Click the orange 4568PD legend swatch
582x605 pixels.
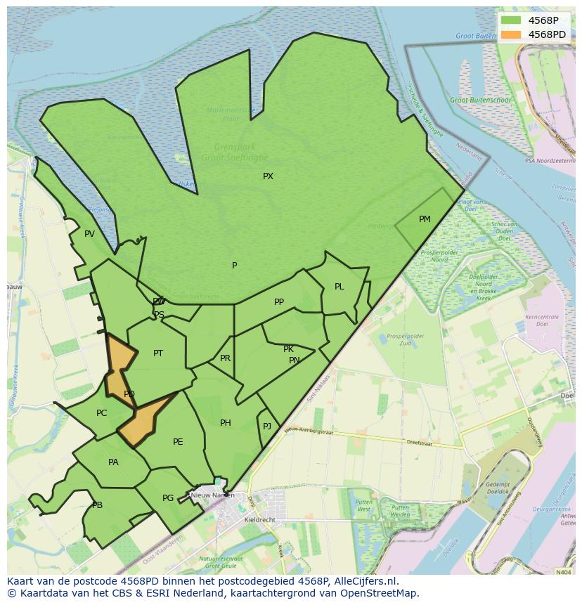pyautogui.click(x=511, y=34)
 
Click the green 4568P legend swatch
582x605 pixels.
pyautogui.click(x=511, y=20)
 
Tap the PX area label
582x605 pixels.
pyautogui.click(x=268, y=176)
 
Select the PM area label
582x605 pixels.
pyautogui.click(x=425, y=219)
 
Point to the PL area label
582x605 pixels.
pyautogui.click(x=339, y=287)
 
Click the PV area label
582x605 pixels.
pyautogui.click(x=89, y=234)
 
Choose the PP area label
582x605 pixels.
pyautogui.click(x=279, y=302)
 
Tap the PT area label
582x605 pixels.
pyautogui.click(x=158, y=353)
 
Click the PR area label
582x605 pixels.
pyautogui.click(x=225, y=358)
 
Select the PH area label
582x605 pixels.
pyautogui.click(x=225, y=423)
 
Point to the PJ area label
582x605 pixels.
pyautogui.click(x=267, y=427)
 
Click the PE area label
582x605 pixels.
pyautogui.click(x=178, y=442)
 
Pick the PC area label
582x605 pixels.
pyautogui.click(x=102, y=413)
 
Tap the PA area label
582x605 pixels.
pyautogui.click(x=113, y=462)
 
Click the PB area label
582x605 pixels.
pyautogui.click(x=97, y=505)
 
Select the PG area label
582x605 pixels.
pyautogui.click(x=168, y=498)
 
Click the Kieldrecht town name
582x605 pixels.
pyautogui.click(x=259, y=519)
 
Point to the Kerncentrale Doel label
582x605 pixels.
pyautogui.click(x=541, y=320)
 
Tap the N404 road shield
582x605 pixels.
pyautogui.click(x=563, y=572)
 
